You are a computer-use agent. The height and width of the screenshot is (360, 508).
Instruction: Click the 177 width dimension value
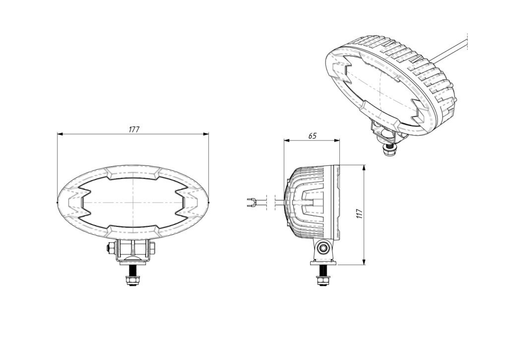click(134, 129)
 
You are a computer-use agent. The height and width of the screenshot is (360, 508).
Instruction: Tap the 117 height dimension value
click(360, 214)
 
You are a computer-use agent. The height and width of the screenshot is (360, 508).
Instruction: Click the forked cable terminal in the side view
click(252, 202)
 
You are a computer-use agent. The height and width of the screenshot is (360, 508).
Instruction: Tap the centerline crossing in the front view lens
click(133, 203)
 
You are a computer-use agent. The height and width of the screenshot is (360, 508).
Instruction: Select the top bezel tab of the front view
click(133, 172)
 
